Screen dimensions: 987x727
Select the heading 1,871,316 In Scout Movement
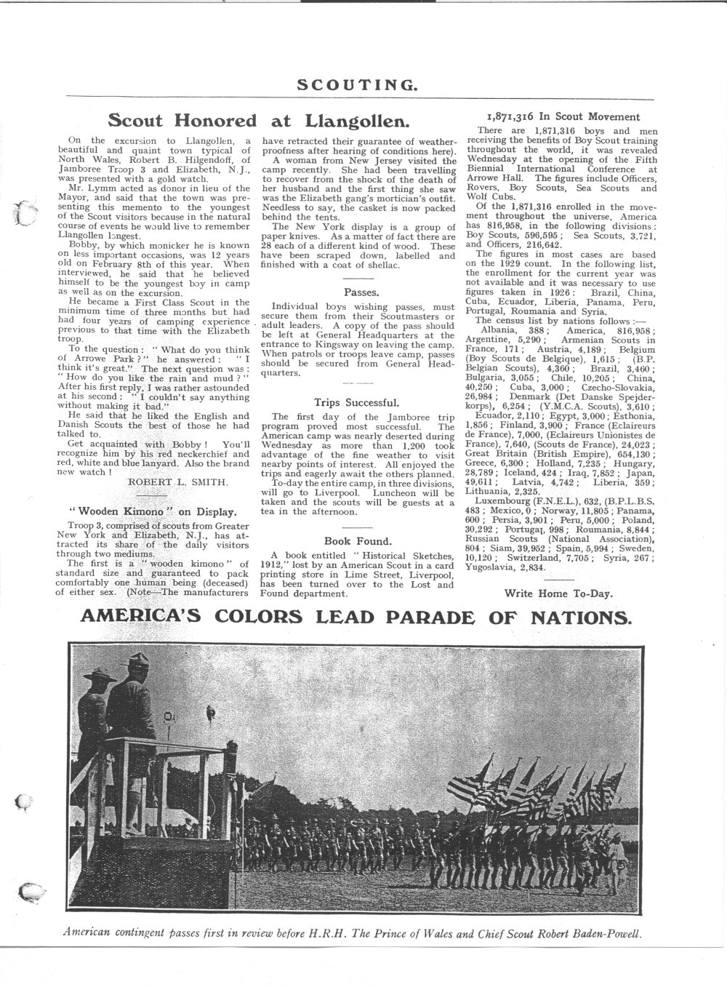coord(562,116)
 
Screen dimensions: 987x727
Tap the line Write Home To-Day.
coord(558,593)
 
